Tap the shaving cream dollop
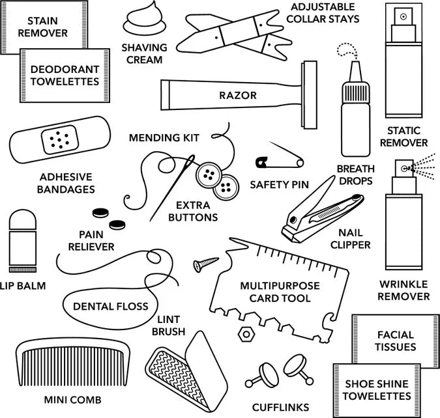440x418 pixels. point(145,23)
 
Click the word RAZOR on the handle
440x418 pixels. point(238,96)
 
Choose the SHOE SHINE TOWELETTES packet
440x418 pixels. point(378,389)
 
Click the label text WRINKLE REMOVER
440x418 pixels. point(404,290)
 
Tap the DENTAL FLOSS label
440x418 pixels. point(110,306)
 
